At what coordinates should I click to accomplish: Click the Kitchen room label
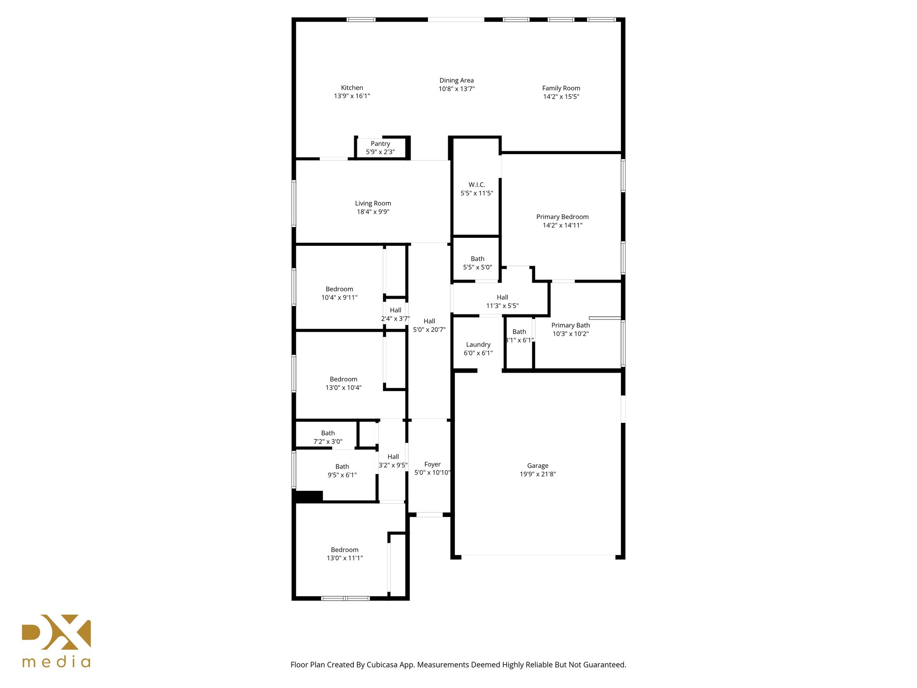tap(352, 88)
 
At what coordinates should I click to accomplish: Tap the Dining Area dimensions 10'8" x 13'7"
tap(456, 89)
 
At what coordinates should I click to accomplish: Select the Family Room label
tap(561, 88)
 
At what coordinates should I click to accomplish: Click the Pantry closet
tap(380, 148)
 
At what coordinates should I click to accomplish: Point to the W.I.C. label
tap(477, 185)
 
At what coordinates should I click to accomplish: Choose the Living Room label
tap(373, 203)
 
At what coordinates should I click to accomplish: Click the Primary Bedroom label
tap(562, 217)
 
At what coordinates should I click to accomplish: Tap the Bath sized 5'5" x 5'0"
tap(477, 263)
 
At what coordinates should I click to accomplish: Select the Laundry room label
tap(478, 344)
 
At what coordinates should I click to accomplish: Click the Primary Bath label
tap(570, 325)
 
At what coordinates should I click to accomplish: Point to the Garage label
tap(537, 466)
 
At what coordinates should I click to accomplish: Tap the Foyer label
tap(432, 464)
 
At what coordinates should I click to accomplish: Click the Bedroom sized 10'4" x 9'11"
tap(339, 293)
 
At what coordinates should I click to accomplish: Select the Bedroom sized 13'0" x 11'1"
tap(344, 554)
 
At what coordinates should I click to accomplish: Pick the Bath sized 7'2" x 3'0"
tap(328, 437)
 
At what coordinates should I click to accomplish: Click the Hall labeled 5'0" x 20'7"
tap(429, 325)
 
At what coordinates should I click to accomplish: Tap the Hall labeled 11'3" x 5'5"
tap(502, 301)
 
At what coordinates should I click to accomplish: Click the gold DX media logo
tap(56, 641)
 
